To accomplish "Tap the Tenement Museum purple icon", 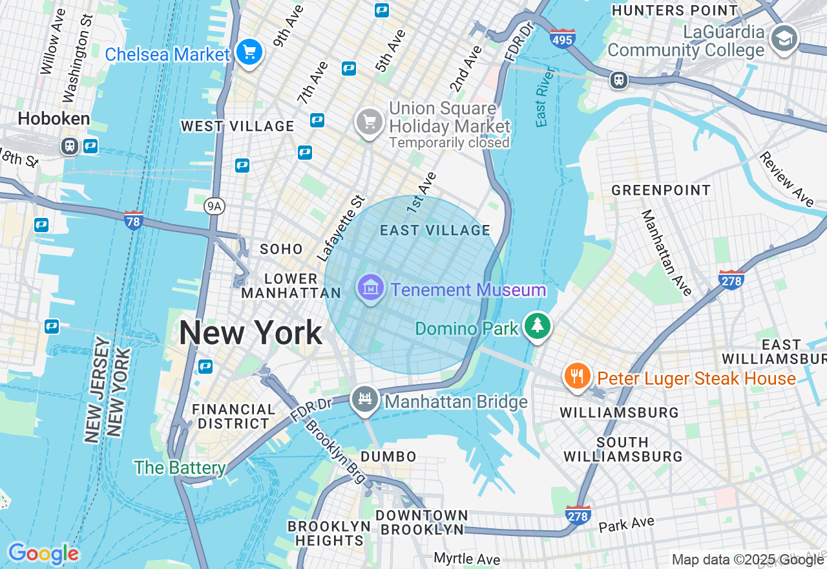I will tap(371, 288).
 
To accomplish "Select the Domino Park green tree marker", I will tap(537, 327).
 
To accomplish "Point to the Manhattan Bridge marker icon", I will tap(364, 400).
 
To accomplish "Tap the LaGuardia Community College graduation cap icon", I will tap(784, 38).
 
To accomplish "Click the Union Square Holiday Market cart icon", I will tap(370, 122).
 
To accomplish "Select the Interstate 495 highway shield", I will tap(563, 39).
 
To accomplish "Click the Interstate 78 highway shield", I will tap(134, 220).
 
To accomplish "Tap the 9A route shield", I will tap(214, 206).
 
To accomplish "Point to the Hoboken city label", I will tap(54, 119).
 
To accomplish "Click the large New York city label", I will tap(250, 333).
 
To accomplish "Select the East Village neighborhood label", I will tap(435, 230).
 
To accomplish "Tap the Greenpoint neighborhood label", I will tap(661, 190).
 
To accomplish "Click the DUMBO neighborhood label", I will tap(389, 456).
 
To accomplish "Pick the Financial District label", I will tap(233, 416).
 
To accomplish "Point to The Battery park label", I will tap(180, 467).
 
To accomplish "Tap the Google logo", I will tap(43, 553).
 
